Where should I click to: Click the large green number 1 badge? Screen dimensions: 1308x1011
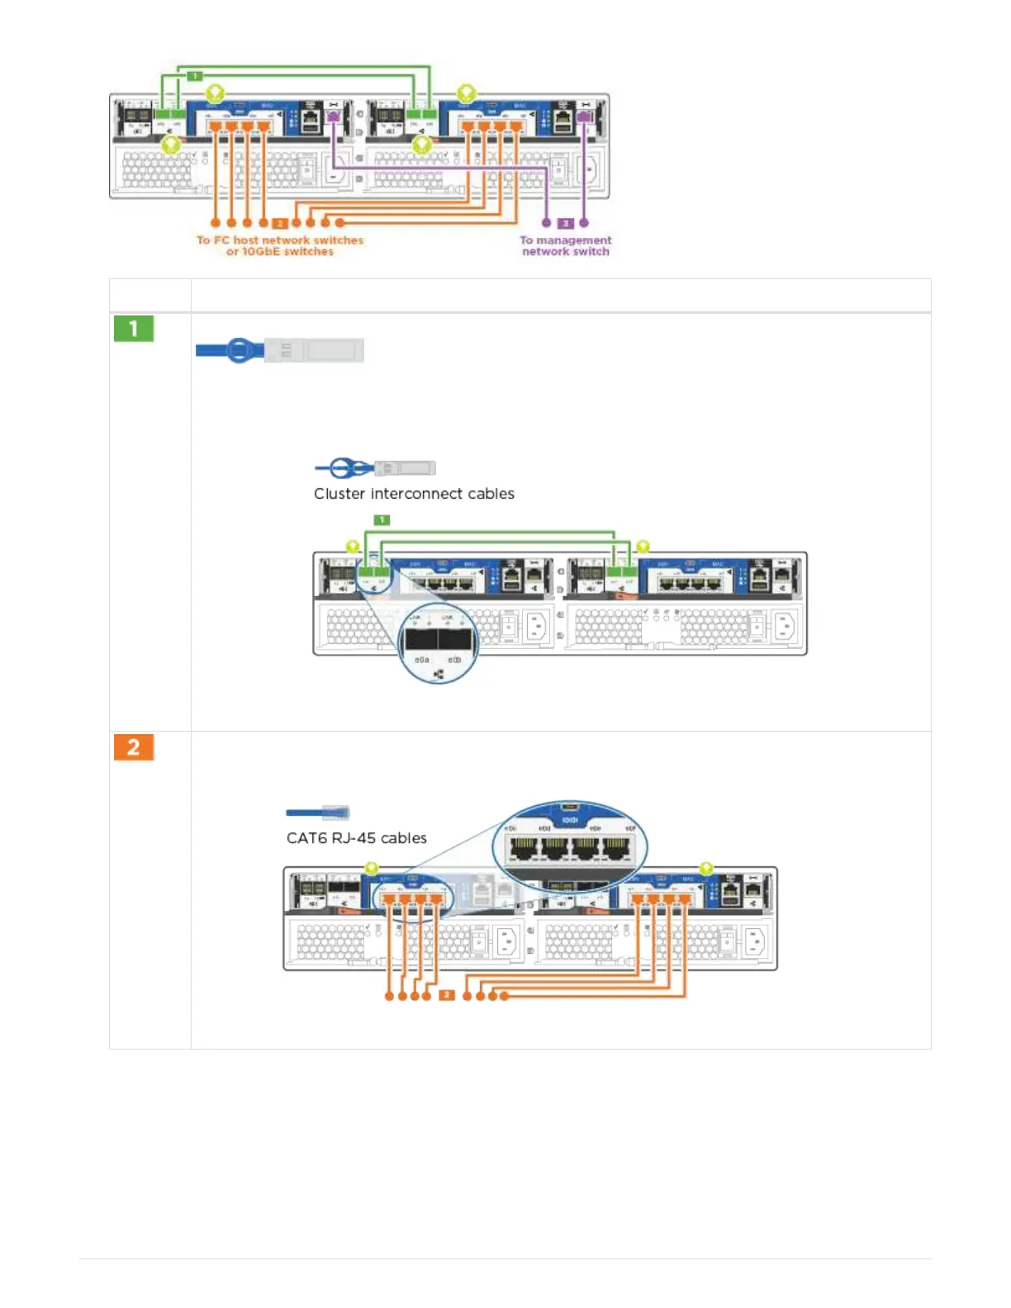pyautogui.click(x=133, y=329)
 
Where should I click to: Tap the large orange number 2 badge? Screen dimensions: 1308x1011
pyautogui.click(x=133, y=747)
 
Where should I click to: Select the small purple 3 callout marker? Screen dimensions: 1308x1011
pyautogui.click(x=566, y=223)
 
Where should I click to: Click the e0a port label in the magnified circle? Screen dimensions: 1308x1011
pyautogui.click(x=421, y=661)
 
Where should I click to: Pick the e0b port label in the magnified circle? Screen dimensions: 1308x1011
pyautogui.click(x=454, y=661)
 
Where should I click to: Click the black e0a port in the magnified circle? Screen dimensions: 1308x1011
pyautogui.click(x=421, y=639)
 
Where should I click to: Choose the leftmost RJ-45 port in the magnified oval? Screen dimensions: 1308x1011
pyautogui.click(x=522, y=847)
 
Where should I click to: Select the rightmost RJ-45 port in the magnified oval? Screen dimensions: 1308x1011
pyautogui.click(x=616, y=847)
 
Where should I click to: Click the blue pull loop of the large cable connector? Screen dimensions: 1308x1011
pyautogui.click(x=240, y=350)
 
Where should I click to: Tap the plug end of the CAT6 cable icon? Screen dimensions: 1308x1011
pyautogui.click(x=338, y=813)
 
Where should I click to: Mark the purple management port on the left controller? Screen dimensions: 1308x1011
pyautogui.click(x=333, y=118)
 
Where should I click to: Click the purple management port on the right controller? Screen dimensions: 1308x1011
pyautogui.click(x=585, y=118)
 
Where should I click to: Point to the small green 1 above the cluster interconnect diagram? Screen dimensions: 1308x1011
pyautogui.click(x=382, y=520)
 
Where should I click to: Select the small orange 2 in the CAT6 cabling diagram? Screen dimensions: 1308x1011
pyautogui.click(x=446, y=995)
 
